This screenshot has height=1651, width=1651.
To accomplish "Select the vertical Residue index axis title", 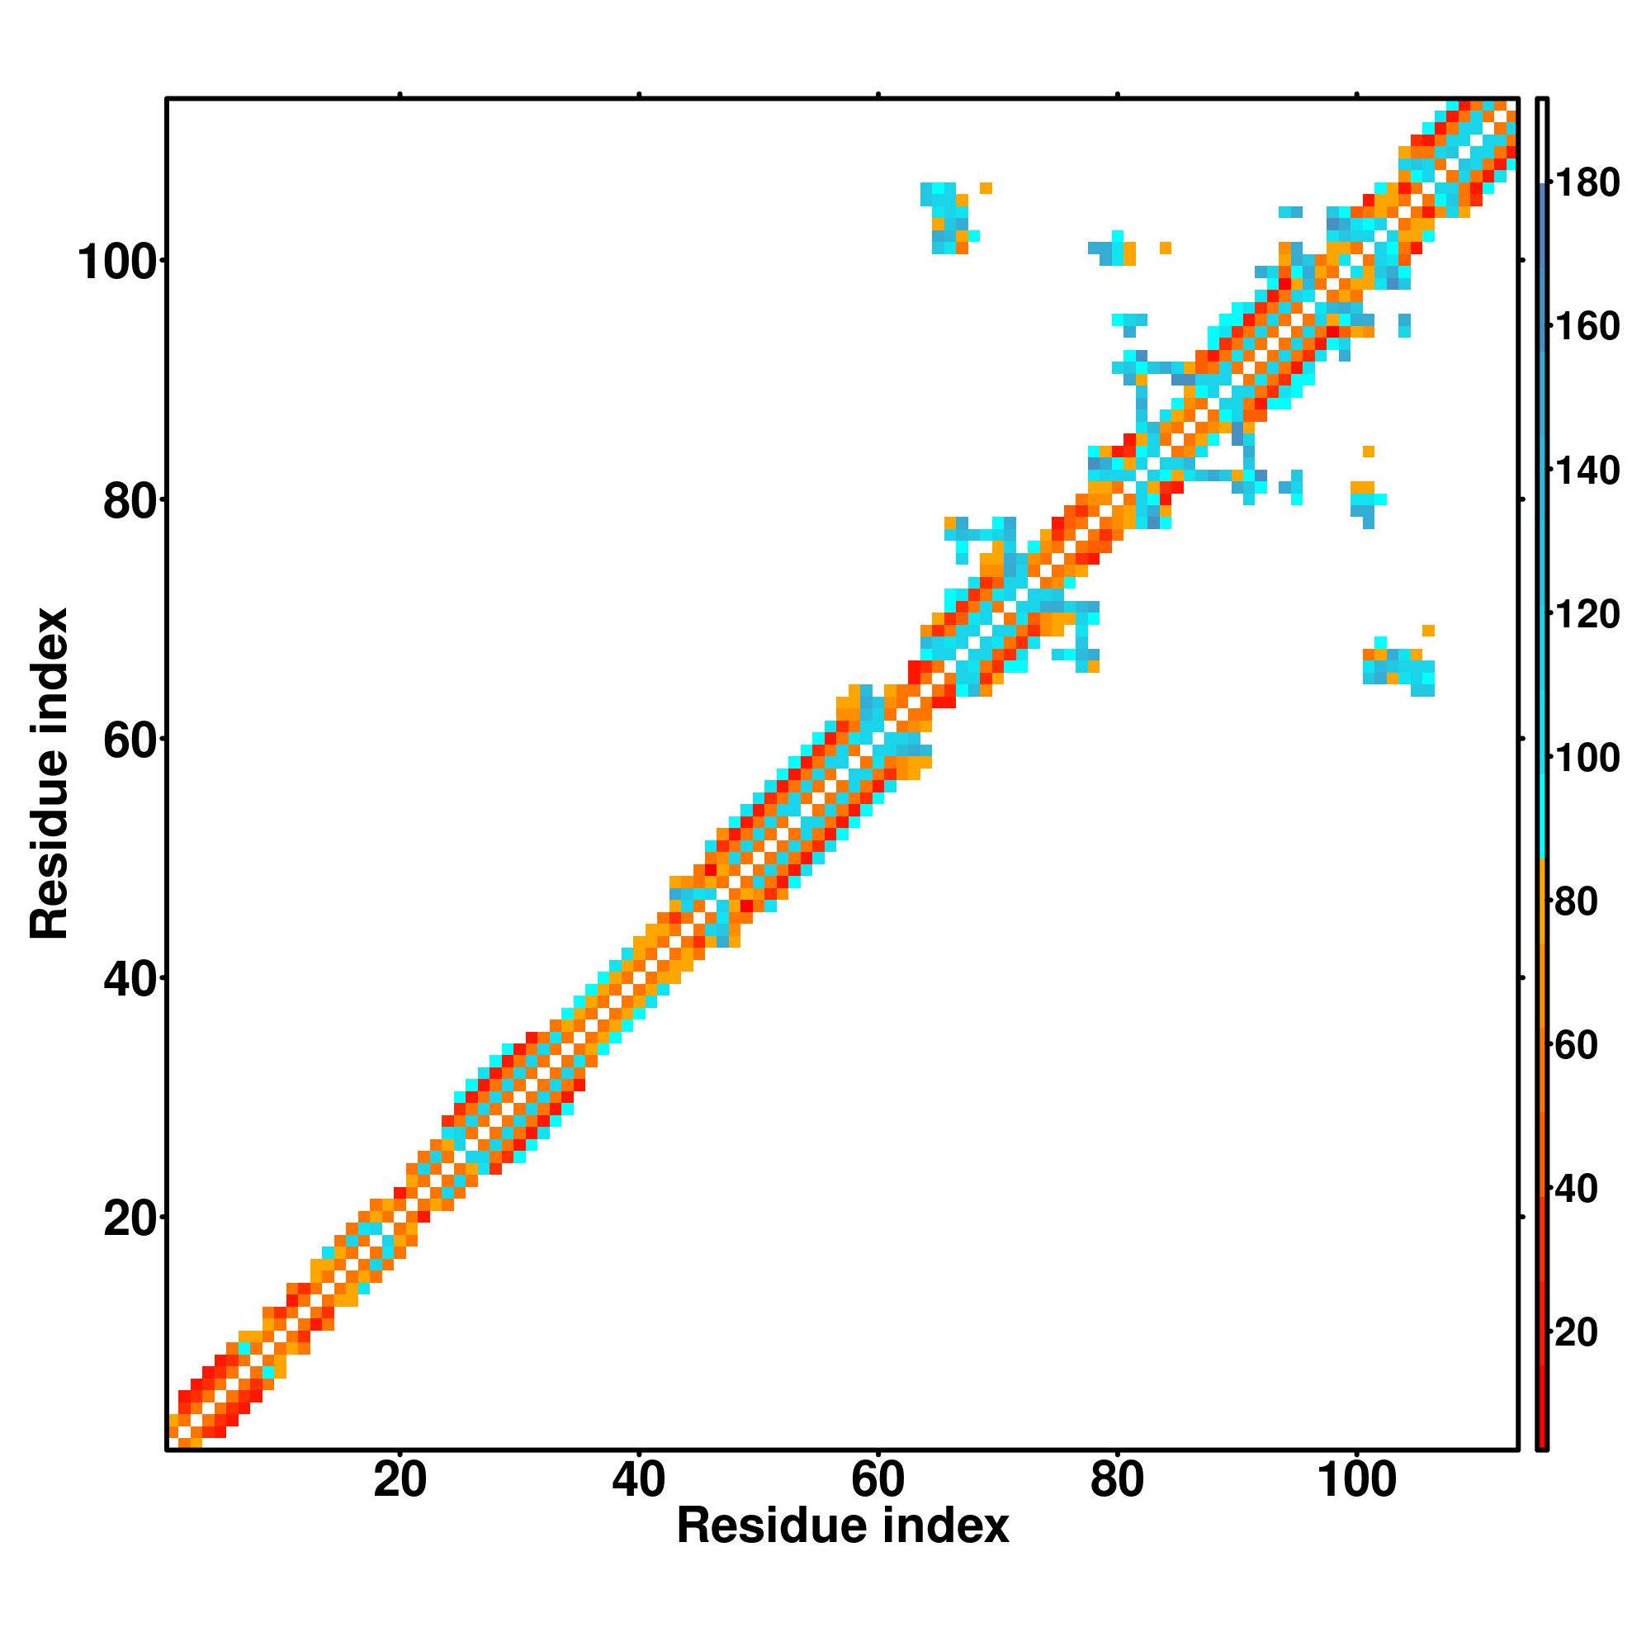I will [49, 773].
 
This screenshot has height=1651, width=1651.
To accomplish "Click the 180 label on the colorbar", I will [1586, 183].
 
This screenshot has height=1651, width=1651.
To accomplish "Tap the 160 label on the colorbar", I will [1586, 326].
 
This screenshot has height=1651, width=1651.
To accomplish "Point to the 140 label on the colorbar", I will [1586, 471].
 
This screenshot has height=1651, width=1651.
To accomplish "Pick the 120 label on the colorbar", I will [1586, 614].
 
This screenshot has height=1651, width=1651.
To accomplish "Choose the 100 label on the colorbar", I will [1586, 758].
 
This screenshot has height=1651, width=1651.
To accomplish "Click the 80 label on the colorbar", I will [1576, 901].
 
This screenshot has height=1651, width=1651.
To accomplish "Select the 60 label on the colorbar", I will [1576, 1045].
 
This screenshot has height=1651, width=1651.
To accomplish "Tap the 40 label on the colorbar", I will [1576, 1189].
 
